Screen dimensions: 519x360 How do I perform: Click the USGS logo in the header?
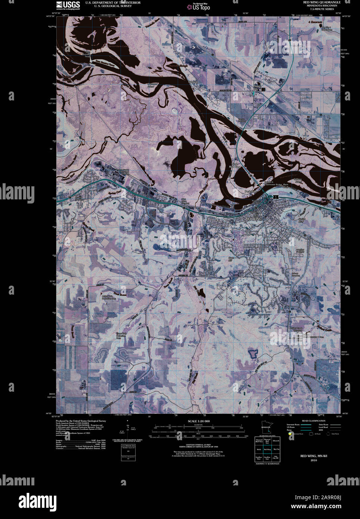coord(68,5)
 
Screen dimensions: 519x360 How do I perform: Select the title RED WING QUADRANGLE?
coord(322,2)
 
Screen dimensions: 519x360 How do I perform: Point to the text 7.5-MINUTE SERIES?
coord(322,9)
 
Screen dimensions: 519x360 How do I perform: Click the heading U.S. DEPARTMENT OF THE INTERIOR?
coord(113,3)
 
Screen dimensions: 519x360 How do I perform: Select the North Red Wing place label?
coord(235,165)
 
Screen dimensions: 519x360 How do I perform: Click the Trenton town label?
coord(193,82)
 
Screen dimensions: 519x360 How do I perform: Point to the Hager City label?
coord(257,87)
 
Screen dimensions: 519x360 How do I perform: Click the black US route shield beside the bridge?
coord(275,196)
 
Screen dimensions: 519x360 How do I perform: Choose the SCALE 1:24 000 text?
coord(199,421)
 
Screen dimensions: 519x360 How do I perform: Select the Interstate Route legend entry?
coord(293,425)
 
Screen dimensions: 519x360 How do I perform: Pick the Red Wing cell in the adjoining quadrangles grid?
coord(267,450)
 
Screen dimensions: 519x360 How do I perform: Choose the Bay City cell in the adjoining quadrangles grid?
coord(276,450)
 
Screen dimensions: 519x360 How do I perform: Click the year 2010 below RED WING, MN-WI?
coord(313,460)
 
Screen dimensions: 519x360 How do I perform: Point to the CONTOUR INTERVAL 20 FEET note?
coord(199,445)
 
